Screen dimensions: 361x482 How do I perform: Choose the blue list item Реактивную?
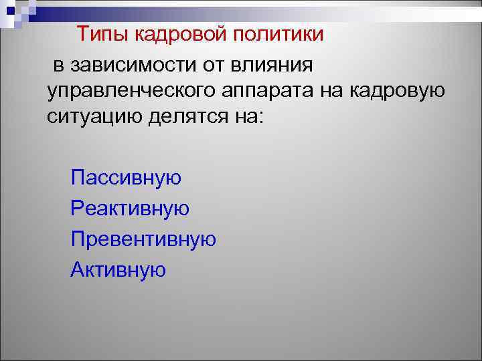(x=130, y=209)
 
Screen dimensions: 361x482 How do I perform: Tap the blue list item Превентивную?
(x=143, y=239)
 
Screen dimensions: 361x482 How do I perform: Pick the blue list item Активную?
(x=118, y=270)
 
